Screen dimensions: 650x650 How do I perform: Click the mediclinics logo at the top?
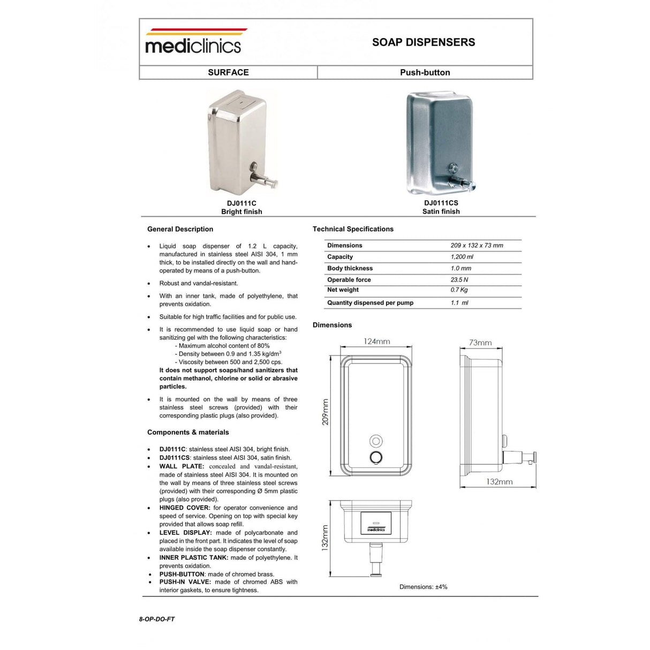[x=193, y=42]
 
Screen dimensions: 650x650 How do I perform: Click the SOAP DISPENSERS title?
[x=424, y=42]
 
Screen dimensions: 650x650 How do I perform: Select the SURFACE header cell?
[x=228, y=72]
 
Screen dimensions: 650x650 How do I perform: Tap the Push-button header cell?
[x=425, y=72]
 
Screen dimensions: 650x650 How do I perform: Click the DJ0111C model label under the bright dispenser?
[x=241, y=203]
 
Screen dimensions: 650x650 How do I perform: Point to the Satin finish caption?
[x=441, y=211]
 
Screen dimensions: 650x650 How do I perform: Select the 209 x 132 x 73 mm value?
[x=477, y=245]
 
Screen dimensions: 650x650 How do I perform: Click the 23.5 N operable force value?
[x=459, y=279]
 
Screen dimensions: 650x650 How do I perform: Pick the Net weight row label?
[x=343, y=290]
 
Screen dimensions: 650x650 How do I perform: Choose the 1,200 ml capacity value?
[x=462, y=257]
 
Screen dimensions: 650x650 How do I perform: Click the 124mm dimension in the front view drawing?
[x=376, y=342]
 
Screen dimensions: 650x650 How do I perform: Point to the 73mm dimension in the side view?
[x=480, y=343]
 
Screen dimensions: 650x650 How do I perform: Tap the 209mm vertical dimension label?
[x=326, y=412]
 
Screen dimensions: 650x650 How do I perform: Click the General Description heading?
[x=180, y=229]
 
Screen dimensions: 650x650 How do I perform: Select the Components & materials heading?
[x=188, y=432]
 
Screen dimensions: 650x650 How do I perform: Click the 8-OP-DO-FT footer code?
[x=157, y=619]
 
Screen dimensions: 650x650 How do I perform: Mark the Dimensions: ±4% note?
[x=423, y=587]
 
